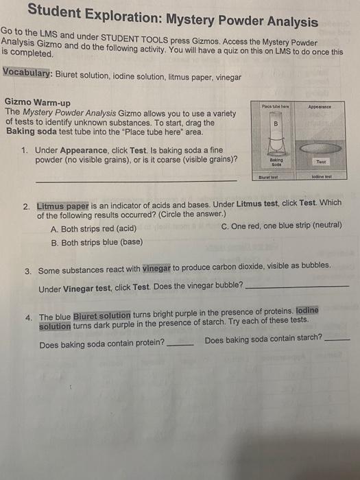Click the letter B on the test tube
point(276,125)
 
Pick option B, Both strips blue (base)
point(97,242)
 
